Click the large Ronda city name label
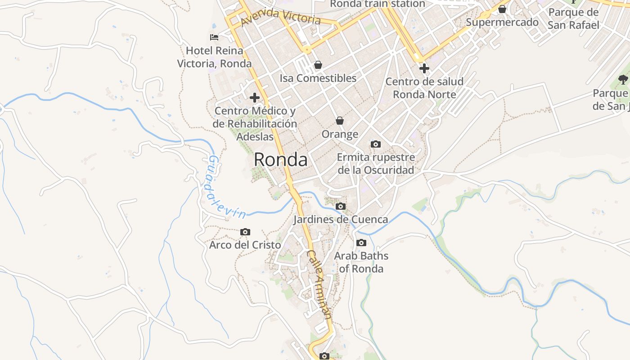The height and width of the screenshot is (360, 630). click(x=281, y=160)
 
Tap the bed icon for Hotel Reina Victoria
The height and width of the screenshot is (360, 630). click(x=214, y=37)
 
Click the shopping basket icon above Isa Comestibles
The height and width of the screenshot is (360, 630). click(x=318, y=65)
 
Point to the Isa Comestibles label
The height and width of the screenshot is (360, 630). click(x=318, y=78)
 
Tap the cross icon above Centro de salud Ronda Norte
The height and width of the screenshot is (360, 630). click(x=424, y=68)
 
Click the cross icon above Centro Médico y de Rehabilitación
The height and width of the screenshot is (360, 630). click(x=255, y=97)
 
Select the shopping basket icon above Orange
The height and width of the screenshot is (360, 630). click(x=340, y=121)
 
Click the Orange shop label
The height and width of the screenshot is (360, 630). click(x=340, y=134)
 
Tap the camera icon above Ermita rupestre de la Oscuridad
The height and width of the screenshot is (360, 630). click(x=376, y=144)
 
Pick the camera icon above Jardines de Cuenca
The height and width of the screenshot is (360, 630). click(x=341, y=206)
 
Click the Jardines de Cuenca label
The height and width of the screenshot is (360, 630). click(x=341, y=220)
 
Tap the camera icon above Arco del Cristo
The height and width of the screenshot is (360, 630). click(x=245, y=232)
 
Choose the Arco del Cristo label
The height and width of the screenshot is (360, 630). click(x=245, y=245)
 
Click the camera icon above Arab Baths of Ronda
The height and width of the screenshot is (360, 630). click(x=361, y=243)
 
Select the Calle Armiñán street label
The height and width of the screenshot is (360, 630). click(x=320, y=284)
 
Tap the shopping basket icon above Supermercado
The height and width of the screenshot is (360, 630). click(x=502, y=9)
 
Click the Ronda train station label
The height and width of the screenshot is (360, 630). click(x=377, y=4)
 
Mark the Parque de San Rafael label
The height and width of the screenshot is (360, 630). click(x=573, y=19)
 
